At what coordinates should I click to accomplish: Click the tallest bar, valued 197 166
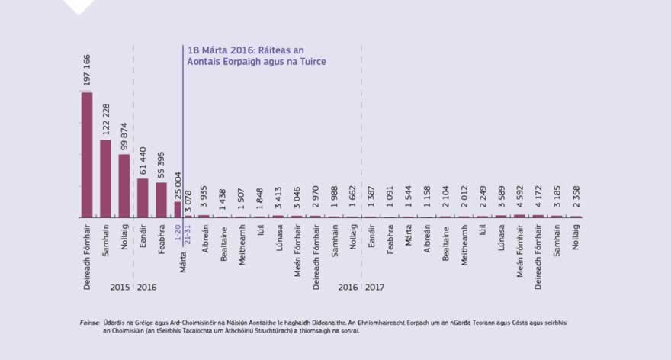coord(87,155)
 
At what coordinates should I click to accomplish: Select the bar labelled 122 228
coord(105,178)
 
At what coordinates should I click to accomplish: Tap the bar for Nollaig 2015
coord(124,186)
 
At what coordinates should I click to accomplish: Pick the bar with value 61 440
coord(143,198)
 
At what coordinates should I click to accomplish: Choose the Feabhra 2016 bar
coord(161,200)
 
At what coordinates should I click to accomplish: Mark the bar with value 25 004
coord(178,210)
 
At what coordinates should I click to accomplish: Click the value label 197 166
coord(87,71)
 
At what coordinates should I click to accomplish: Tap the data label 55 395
coord(161,162)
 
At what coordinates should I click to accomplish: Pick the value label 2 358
coord(576,200)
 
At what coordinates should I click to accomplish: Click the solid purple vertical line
coord(183,130)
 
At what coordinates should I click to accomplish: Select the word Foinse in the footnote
coord(89,323)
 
